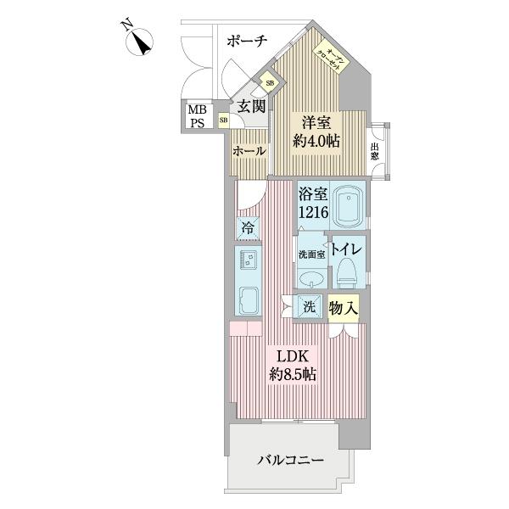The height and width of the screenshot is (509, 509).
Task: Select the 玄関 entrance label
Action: point(251,107)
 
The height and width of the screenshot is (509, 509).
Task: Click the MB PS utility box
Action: point(197,116)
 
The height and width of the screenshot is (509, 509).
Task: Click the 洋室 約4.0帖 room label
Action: point(316,131)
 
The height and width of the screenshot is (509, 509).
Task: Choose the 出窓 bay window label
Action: point(374,152)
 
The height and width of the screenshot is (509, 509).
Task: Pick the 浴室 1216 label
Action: point(311,203)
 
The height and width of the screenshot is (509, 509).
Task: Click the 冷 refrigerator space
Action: point(248,227)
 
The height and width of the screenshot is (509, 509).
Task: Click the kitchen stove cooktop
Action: point(248,301)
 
